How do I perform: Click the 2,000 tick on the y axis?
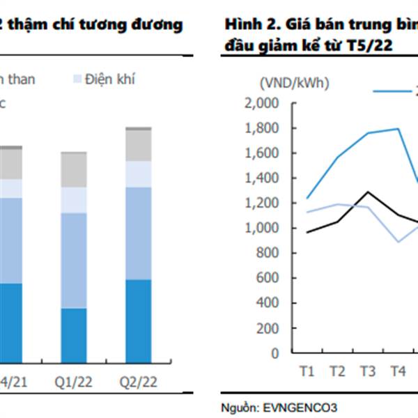pos(263,104)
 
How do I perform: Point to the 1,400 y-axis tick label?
pos(263,178)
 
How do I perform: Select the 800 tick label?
pos(268,253)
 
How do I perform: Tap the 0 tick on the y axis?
pos(276,353)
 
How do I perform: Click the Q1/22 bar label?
pos(73,382)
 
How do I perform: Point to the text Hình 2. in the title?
pos(245,25)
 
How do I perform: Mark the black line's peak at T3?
pos(367,192)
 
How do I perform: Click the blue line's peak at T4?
pos(398,128)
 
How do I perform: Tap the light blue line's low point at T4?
pos(397,242)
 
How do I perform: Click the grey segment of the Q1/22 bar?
pos(73,169)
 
